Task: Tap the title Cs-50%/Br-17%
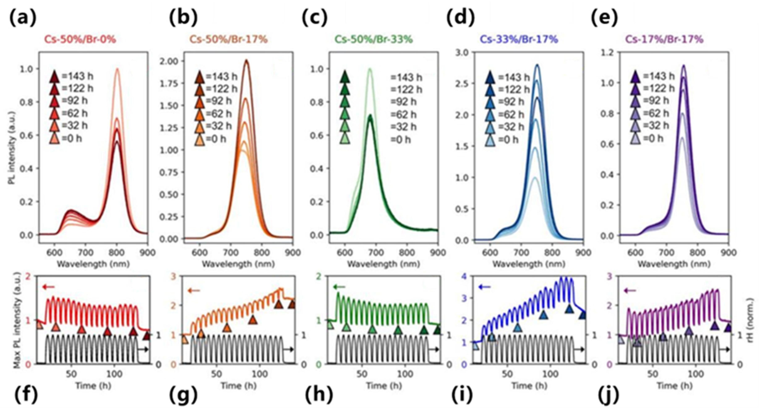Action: tap(228, 39)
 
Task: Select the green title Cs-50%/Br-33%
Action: tap(373, 39)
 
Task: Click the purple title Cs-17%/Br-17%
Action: tap(664, 39)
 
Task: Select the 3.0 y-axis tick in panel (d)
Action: tap(462, 53)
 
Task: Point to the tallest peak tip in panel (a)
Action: tap(117, 69)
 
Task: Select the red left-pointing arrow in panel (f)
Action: tap(48, 286)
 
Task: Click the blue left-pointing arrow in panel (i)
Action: tap(484, 286)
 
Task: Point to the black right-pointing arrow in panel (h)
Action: tap(433, 349)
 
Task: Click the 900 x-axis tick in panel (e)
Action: tap(728, 253)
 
